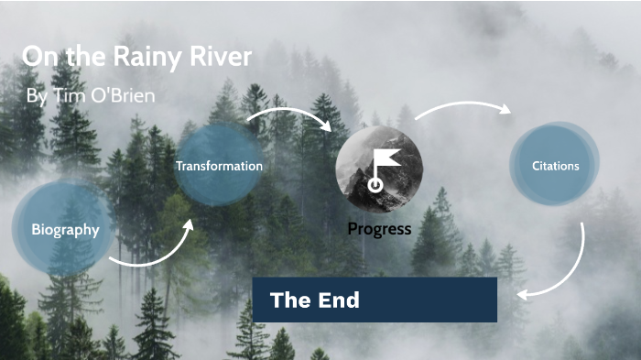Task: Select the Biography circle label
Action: pyautogui.click(x=65, y=229)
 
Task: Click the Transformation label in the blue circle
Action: pyautogui.click(x=219, y=166)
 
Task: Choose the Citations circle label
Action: pyautogui.click(x=555, y=166)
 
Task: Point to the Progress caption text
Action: pyautogui.click(x=379, y=228)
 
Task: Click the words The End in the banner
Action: pyautogui.click(x=314, y=300)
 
